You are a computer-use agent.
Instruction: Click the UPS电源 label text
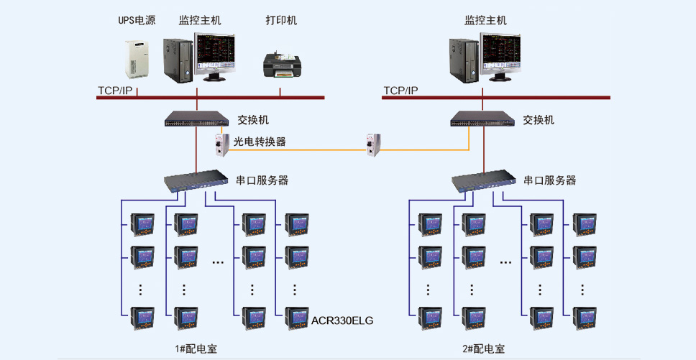pyautogui.click(x=137, y=20)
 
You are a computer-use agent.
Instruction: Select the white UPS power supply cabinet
pyautogui.click(x=137, y=58)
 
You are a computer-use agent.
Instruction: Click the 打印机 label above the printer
pyautogui.click(x=281, y=20)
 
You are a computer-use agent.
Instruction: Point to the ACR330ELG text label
pyautogui.click(x=342, y=320)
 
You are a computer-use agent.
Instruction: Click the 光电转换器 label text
pyautogui.click(x=260, y=142)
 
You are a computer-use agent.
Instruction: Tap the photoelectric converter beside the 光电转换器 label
pyautogui.click(x=221, y=144)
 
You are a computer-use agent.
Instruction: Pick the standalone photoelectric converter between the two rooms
pyautogui.click(x=372, y=145)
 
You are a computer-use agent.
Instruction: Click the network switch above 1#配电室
pyautogui.click(x=196, y=119)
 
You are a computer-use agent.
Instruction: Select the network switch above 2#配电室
pyautogui.click(x=482, y=119)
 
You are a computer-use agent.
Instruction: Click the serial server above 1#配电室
pyautogui.click(x=196, y=181)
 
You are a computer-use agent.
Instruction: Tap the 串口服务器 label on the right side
pyautogui.click(x=549, y=180)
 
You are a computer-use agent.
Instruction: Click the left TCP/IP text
pyautogui.click(x=116, y=91)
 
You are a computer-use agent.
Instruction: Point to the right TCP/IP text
pyautogui.click(x=400, y=91)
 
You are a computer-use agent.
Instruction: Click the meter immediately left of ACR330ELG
pyautogui.click(x=296, y=317)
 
